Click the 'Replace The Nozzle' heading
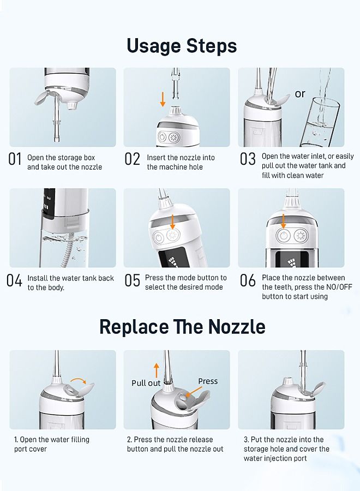(x=182, y=327)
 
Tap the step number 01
(x=15, y=159)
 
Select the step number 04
(x=14, y=280)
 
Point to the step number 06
(x=248, y=280)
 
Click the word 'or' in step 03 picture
(x=300, y=94)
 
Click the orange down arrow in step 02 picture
(x=163, y=99)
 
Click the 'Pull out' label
(x=146, y=383)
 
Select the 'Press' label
(x=208, y=381)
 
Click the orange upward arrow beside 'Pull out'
(x=157, y=370)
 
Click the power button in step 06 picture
(x=283, y=236)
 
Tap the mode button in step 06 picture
(x=301, y=236)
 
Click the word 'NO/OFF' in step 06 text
(x=339, y=287)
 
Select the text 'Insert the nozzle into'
(x=181, y=158)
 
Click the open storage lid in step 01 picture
(x=41, y=97)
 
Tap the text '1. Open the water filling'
(x=52, y=440)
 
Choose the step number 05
(x=133, y=280)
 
